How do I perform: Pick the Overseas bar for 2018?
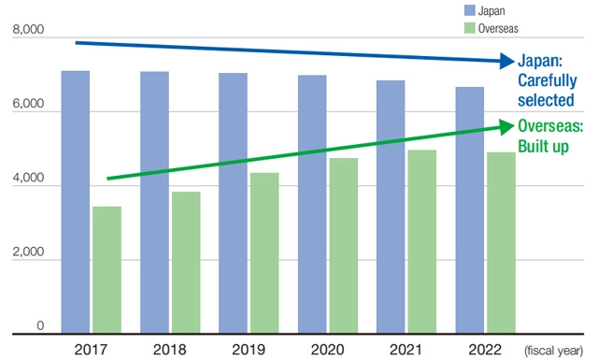186,262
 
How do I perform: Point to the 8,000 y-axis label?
29,32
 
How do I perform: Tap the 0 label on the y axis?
40,325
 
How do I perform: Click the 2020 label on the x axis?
327,349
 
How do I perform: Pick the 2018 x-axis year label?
170,349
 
